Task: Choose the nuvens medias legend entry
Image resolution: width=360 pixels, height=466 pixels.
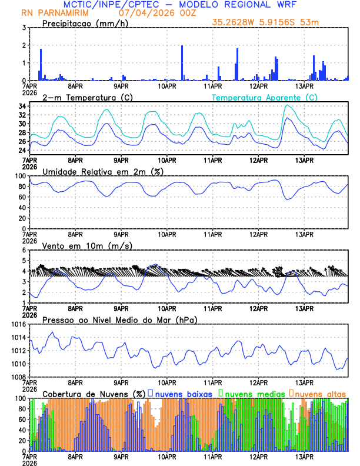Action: point(252,393)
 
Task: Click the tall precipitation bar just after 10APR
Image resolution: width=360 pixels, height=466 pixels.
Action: point(182,62)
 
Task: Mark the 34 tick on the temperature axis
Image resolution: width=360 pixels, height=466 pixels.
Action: point(21,106)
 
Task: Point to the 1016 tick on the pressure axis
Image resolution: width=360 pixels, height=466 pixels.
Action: point(17,324)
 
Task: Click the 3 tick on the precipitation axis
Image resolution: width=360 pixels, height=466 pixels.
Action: point(23,28)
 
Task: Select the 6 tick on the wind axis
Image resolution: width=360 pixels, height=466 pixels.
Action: point(23,250)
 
